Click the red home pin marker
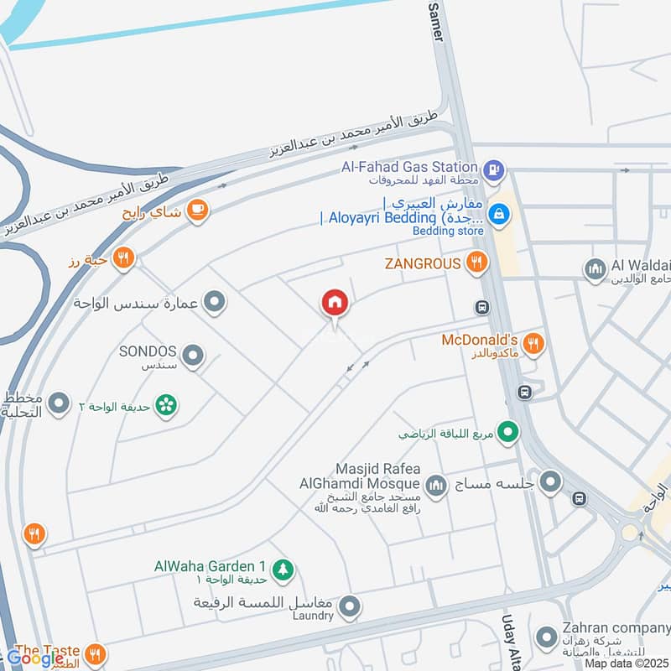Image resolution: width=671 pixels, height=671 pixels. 335,304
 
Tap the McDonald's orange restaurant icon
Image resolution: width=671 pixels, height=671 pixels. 533,342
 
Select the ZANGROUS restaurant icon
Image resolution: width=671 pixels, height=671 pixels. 476,263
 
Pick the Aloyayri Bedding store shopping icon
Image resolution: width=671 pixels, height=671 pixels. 499,214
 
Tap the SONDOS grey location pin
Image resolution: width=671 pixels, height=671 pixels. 193,357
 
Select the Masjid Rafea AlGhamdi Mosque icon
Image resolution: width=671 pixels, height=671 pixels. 435,484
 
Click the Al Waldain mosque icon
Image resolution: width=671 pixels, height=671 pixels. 595,269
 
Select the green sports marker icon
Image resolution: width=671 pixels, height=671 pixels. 507,434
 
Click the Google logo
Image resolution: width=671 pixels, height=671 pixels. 35,659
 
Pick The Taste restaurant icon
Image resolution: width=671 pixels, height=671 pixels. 96,653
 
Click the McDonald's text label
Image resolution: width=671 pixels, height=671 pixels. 479,341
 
